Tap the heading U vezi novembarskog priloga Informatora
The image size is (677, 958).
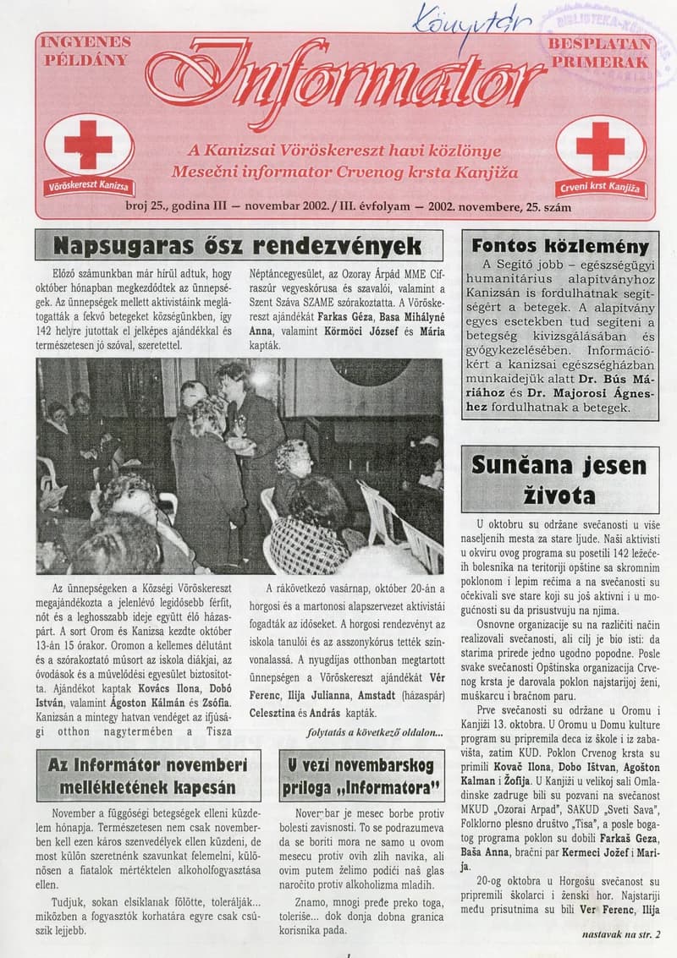coord(361,777)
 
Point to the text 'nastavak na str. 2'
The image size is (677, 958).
coord(620,934)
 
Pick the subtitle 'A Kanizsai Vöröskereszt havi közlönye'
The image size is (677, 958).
coord(345,151)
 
